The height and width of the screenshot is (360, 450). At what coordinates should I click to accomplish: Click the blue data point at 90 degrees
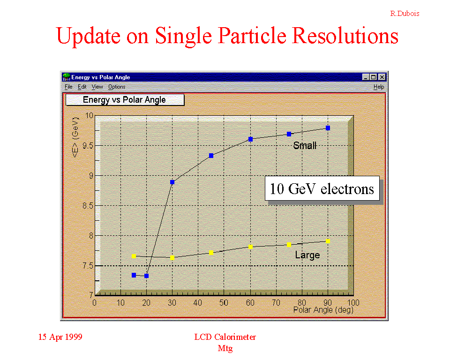pos(328,128)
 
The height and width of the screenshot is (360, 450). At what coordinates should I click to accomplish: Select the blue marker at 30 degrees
pos(172,182)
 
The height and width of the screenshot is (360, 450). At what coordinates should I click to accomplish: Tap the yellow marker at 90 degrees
pos(328,241)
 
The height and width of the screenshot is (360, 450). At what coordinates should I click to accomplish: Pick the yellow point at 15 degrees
pos(134,256)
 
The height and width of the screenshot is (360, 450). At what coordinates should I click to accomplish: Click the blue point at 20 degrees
pos(146,276)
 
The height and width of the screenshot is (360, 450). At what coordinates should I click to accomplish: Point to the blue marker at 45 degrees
pos(211,156)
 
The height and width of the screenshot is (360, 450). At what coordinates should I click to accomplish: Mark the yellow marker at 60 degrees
pos(250,247)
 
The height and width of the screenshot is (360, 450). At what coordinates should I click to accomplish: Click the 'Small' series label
pos(305,146)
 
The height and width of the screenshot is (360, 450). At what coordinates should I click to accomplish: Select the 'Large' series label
pos(307,255)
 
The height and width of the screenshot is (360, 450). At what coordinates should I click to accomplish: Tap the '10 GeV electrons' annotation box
pos(322,188)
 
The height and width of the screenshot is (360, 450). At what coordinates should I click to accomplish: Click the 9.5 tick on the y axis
pos(88,146)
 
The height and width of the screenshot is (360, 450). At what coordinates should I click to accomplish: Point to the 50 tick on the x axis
pos(224,303)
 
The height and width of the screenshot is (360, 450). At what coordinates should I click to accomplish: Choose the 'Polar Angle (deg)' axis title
pos(323,310)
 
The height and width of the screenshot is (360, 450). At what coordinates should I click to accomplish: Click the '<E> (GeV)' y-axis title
pos(75,137)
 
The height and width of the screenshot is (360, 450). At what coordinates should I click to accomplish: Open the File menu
pos(68,87)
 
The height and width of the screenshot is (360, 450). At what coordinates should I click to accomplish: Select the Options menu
pos(117,87)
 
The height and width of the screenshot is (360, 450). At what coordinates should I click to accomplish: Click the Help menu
pos(379,87)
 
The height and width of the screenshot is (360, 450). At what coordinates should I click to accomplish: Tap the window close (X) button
pos(382,77)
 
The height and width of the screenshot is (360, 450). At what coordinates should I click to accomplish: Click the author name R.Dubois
pos(405,14)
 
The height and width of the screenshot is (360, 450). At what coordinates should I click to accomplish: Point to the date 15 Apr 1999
pos(60,337)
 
